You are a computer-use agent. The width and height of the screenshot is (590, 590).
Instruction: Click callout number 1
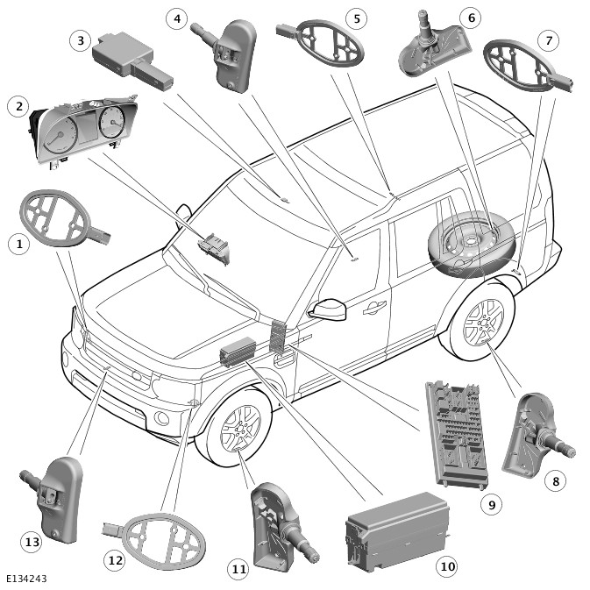[18, 244]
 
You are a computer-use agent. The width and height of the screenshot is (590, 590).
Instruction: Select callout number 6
[470, 17]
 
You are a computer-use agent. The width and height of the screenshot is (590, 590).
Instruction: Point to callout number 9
[492, 504]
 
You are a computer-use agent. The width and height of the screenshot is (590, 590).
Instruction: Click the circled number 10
[447, 566]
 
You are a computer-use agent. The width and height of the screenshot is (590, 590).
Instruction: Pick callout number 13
[32, 543]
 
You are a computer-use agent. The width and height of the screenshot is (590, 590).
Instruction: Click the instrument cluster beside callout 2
[83, 132]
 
